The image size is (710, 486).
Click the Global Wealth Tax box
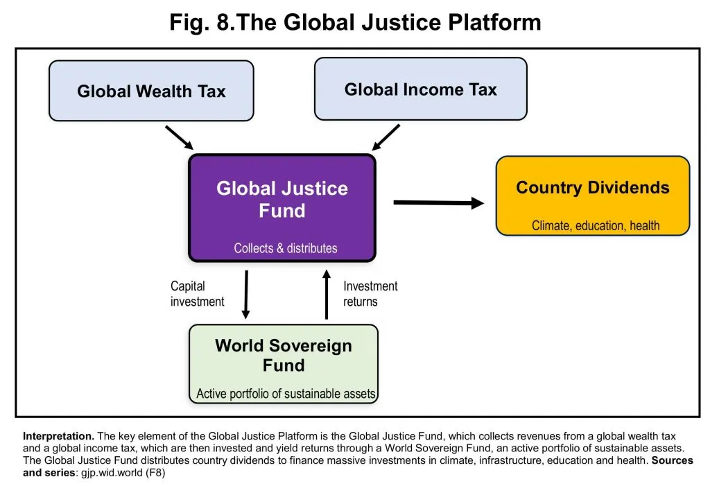pyautogui.click(x=151, y=91)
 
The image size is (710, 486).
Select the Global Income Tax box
pyautogui.click(x=421, y=89)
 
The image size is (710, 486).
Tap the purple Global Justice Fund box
pyautogui.click(x=282, y=208)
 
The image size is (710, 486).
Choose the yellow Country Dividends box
pyautogui.click(x=593, y=196)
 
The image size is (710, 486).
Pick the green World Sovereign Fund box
pyautogui.click(x=284, y=364)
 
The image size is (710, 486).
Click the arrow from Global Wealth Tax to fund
pyautogui.click(x=180, y=138)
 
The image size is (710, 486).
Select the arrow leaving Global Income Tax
pyautogui.click(x=386, y=137)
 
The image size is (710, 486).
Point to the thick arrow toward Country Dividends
pyautogui.click(x=439, y=203)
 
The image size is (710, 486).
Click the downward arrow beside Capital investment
pyautogui.click(x=246, y=295)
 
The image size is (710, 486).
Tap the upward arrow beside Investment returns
pyautogui.click(x=327, y=295)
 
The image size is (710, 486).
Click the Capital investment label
pyautogui.click(x=197, y=294)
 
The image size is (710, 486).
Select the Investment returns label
pyautogui.click(x=370, y=294)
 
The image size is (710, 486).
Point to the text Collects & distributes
pyautogui.click(x=285, y=248)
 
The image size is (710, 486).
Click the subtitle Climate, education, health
pyautogui.click(x=596, y=225)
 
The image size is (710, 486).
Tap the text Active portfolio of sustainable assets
pyautogui.click(x=286, y=394)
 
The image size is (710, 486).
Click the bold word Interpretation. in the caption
pyautogui.click(x=58, y=436)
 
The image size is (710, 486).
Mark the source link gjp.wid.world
pyautogui.click(x=112, y=473)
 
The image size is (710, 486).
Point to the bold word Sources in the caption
pyautogui.click(x=672, y=460)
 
